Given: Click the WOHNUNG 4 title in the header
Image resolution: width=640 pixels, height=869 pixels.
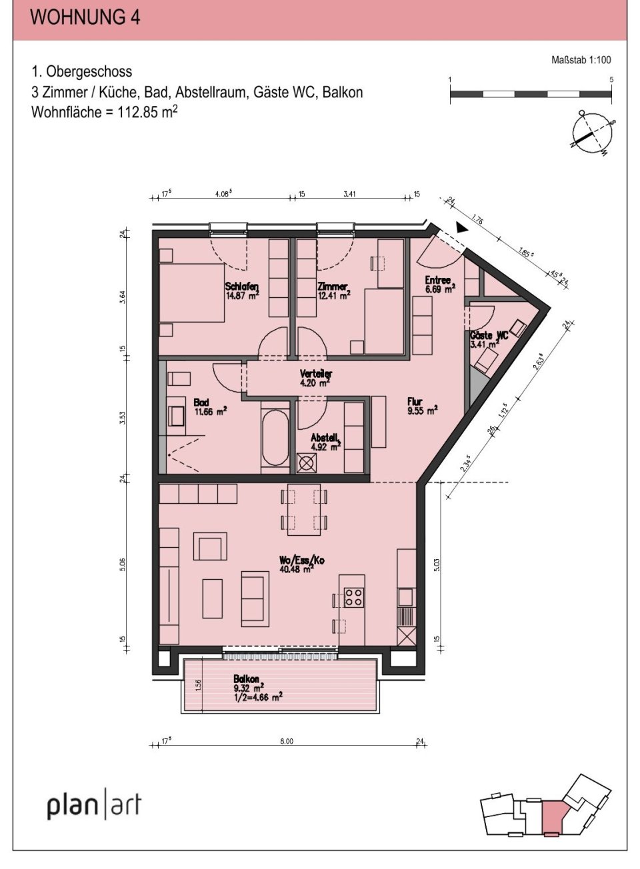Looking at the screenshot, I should click(x=85, y=17).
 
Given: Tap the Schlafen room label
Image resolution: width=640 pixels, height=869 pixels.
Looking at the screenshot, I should click(x=241, y=291).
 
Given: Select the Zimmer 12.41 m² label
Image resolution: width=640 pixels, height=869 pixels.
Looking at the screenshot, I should click(x=334, y=291).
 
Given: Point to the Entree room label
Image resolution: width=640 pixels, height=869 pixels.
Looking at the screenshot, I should click(x=439, y=285).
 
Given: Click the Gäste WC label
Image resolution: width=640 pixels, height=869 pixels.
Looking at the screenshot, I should click(x=488, y=340).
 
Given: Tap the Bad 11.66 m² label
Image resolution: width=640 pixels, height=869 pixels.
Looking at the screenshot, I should click(x=209, y=407).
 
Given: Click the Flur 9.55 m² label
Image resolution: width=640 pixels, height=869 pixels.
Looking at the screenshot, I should click(x=421, y=406).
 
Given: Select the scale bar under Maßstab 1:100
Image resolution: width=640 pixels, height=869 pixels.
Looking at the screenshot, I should click(x=531, y=95).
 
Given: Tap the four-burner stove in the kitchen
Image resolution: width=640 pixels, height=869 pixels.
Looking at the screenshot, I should click(x=353, y=597).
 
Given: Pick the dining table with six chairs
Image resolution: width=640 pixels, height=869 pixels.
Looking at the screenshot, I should click(x=303, y=510).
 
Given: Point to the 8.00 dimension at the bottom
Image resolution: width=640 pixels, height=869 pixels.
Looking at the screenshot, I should click(x=285, y=741).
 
